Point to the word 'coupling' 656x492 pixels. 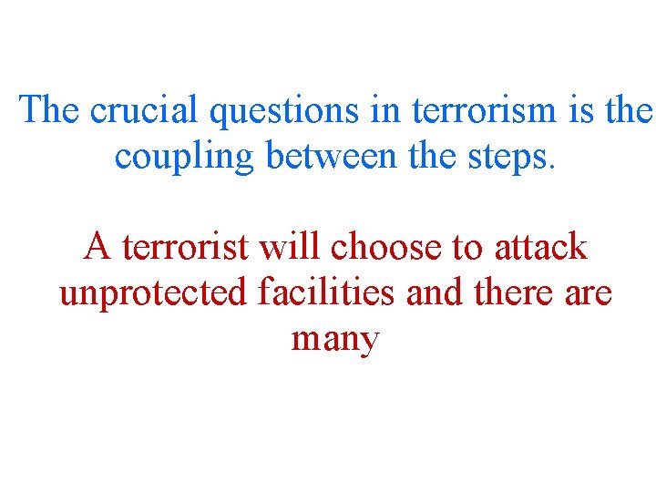coord(185,158)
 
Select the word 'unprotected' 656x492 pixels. coord(153,293)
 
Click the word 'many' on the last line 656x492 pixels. coord(334,341)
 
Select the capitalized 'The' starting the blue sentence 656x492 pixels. coord(51,110)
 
